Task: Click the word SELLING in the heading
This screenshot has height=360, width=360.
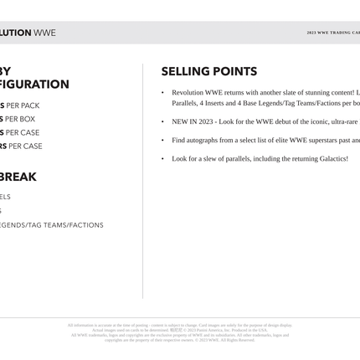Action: (x=184, y=72)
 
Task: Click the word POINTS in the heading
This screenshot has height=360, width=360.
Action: (x=234, y=72)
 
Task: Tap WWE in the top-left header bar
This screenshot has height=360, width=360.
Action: (x=45, y=33)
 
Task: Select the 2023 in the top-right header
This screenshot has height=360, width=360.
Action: (x=311, y=33)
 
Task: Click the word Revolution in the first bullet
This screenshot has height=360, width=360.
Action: (x=190, y=92)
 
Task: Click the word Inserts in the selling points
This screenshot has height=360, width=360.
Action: (x=221, y=103)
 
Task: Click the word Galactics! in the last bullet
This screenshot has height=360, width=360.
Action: (x=328, y=158)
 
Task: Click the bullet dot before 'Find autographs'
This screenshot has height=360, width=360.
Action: (x=162, y=140)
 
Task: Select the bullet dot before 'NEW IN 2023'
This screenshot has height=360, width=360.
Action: (x=162, y=121)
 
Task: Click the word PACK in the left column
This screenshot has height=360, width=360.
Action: (x=30, y=106)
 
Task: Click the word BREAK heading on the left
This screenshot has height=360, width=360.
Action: (x=18, y=177)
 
